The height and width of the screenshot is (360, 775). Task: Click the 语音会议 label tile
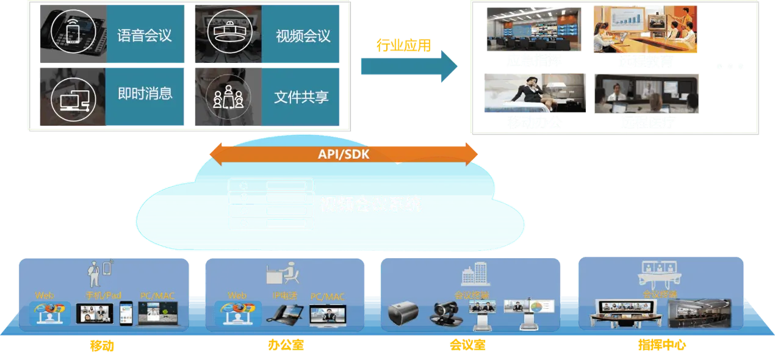coord(145,35)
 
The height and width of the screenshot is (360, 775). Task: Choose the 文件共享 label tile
coord(301,96)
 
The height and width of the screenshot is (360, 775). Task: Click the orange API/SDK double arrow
coord(343,154)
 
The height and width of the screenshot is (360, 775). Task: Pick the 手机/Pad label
coord(103,295)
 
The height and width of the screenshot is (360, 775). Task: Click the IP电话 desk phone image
coord(283,314)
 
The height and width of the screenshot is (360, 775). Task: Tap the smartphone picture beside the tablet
coord(126,313)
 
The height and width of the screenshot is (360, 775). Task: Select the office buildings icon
coord(475,274)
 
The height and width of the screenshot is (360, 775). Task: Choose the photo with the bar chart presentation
coord(644,29)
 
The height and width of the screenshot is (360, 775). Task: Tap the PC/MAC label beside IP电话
coord(327,297)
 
